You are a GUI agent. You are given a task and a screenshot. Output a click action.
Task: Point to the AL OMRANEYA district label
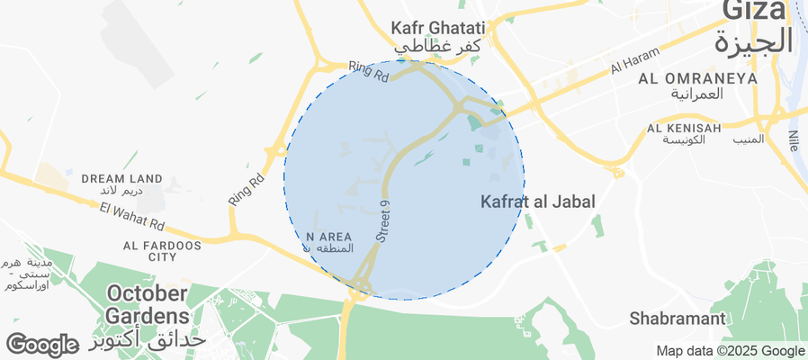coord(697,79)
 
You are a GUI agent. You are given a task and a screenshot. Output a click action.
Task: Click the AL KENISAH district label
coord(684,129)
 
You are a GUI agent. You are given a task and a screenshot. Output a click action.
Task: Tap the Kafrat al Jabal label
coord(538,202)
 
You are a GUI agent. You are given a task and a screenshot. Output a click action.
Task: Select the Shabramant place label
coord(678,319)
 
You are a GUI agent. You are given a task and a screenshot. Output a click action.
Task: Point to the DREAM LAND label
coord(121,179)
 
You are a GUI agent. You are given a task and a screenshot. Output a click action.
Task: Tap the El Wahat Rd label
coord(133,216)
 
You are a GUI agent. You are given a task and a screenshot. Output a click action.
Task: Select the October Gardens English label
coord(148,304)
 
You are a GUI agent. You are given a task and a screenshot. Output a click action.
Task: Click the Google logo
coord(41,345)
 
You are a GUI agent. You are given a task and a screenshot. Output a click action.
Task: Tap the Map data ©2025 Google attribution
coord(730,351)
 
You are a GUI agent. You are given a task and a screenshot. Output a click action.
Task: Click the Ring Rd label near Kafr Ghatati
coord(369,72)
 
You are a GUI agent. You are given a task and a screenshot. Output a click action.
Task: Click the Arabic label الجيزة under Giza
coord(754,41)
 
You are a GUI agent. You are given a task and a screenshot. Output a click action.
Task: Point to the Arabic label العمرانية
coord(697,94)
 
